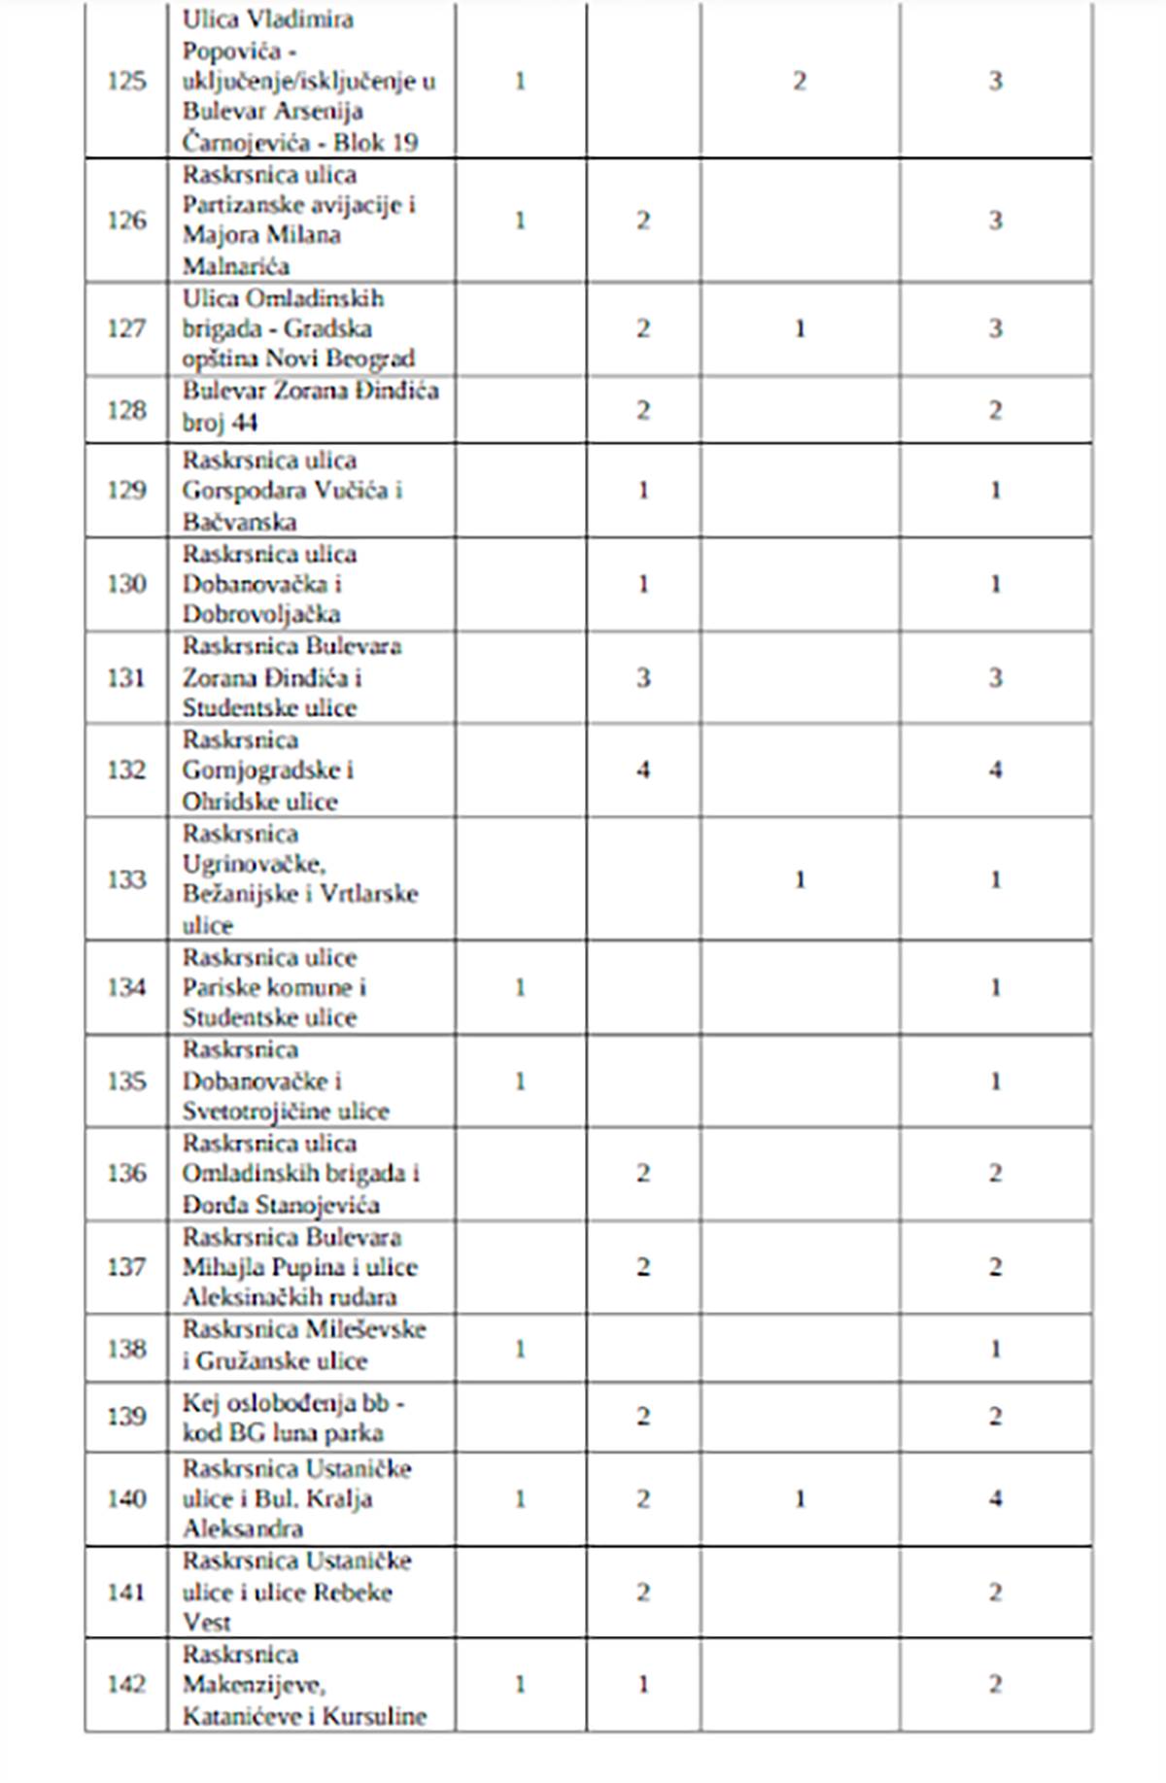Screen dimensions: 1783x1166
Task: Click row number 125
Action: click(x=126, y=81)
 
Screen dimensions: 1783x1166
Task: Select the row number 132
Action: click(x=126, y=771)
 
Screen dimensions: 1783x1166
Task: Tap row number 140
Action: click(x=126, y=1498)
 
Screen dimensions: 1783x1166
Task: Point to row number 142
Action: click(x=126, y=1684)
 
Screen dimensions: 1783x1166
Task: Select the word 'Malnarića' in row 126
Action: click(x=236, y=265)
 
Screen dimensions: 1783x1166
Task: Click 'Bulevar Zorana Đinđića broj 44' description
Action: click(x=309, y=406)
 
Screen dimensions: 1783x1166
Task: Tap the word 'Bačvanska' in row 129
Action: click(x=239, y=522)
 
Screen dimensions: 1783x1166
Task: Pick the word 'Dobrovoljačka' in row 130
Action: click(x=261, y=614)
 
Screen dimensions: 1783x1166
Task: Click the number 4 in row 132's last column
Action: click(x=995, y=771)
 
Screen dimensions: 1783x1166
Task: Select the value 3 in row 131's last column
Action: click(x=995, y=677)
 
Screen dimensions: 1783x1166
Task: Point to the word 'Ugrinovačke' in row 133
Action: click(x=254, y=864)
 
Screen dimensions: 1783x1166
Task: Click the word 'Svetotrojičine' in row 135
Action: click(x=251, y=1111)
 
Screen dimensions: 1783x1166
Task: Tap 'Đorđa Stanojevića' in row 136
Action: click(x=281, y=1205)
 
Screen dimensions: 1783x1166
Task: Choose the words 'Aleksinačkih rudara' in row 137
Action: click(x=290, y=1297)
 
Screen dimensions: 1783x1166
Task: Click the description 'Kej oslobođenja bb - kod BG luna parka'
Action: click(x=291, y=1418)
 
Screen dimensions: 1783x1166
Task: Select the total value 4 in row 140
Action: click(x=995, y=1498)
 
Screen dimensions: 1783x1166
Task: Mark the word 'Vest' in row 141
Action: click(x=207, y=1622)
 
